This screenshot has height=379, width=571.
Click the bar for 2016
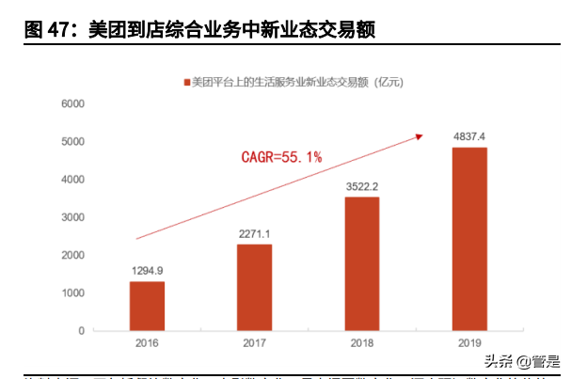146,307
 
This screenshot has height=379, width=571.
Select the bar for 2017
254,288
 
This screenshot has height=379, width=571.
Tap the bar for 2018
362,264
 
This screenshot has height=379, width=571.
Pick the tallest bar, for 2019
469,239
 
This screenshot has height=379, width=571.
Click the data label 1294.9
146,271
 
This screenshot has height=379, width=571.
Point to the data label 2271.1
254,234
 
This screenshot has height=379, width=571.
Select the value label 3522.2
362,186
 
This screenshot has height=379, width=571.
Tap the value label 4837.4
469,136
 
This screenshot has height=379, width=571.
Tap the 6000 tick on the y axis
73,103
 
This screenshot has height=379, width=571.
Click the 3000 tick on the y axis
73,217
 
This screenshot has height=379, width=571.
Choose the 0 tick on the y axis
82,331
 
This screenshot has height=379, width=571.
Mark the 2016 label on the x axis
146,344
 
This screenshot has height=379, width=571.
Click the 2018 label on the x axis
362,344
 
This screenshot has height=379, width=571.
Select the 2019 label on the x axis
469,344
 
